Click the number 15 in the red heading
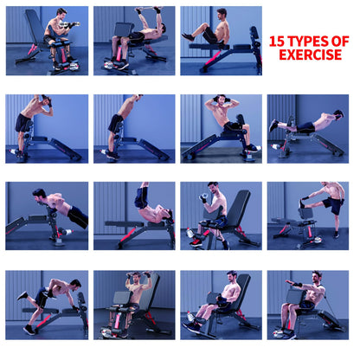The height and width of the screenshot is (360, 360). coord(277,42)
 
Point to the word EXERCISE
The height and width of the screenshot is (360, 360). coord(310,55)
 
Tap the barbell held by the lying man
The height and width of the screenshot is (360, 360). coord(148,9)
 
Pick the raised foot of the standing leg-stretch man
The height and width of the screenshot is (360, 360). coord(302,203)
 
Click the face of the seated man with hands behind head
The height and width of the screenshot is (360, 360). coord(222,101)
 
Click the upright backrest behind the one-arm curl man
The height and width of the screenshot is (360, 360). coord(235,209)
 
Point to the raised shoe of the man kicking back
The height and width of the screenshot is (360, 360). coord(22,295)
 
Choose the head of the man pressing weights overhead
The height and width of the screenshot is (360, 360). coord(136,278)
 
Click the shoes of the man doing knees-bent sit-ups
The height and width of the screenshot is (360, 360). coord(188,37)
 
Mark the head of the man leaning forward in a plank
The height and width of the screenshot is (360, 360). coord(39,196)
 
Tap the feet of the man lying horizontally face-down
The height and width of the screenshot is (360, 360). coord(273,126)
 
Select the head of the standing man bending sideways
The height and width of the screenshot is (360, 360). coord(46,100)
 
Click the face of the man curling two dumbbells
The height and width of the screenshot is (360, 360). coord(62,15)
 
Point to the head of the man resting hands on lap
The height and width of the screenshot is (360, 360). coord(231,277)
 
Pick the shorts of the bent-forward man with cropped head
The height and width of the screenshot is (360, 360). coord(115,124)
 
